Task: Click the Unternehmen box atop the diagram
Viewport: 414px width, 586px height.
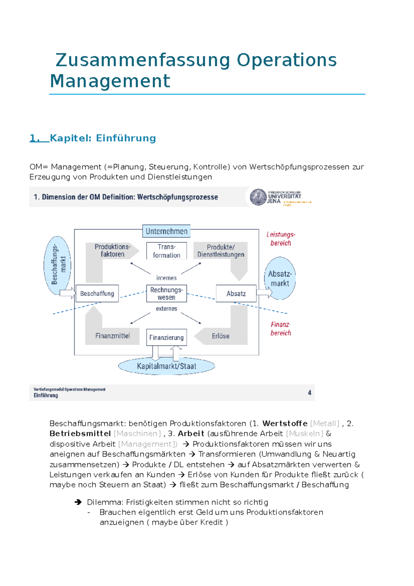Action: pyautogui.click(x=166, y=231)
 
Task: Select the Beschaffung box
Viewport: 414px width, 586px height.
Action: pyautogui.click(x=97, y=294)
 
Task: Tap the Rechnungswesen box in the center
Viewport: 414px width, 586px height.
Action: pyautogui.click(x=166, y=294)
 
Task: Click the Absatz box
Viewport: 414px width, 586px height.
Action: pyautogui.click(x=236, y=294)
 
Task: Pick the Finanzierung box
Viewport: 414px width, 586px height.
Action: pyautogui.click(x=166, y=338)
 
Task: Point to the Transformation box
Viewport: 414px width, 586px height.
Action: pyautogui.click(x=166, y=251)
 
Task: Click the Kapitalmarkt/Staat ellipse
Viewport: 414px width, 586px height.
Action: pyautogui.click(x=166, y=366)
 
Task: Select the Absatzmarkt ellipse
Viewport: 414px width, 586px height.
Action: pyautogui.click(x=280, y=279)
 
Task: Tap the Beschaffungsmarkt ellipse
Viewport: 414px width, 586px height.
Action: pyautogui.click(x=58, y=265)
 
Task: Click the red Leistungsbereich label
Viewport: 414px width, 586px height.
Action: pyautogui.click(x=280, y=239)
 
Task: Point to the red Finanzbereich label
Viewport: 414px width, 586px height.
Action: pyautogui.click(x=280, y=329)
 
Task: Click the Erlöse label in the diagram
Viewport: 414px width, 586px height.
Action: pyautogui.click(x=220, y=336)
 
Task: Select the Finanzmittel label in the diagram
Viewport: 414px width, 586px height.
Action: pyautogui.click(x=112, y=336)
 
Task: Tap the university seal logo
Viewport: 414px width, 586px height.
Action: pyautogui.click(x=258, y=197)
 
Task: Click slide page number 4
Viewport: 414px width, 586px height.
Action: pyautogui.click(x=309, y=393)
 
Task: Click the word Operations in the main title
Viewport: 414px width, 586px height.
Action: pyautogui.click(x=286, y=60)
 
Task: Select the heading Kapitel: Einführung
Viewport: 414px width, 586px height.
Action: pyautogui.click(x=103, y=138)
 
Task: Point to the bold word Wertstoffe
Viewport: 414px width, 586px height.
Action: pyautogui.click(x=285, y=423)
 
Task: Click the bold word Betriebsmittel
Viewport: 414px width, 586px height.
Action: pyautogui.click(x=80, y=433)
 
